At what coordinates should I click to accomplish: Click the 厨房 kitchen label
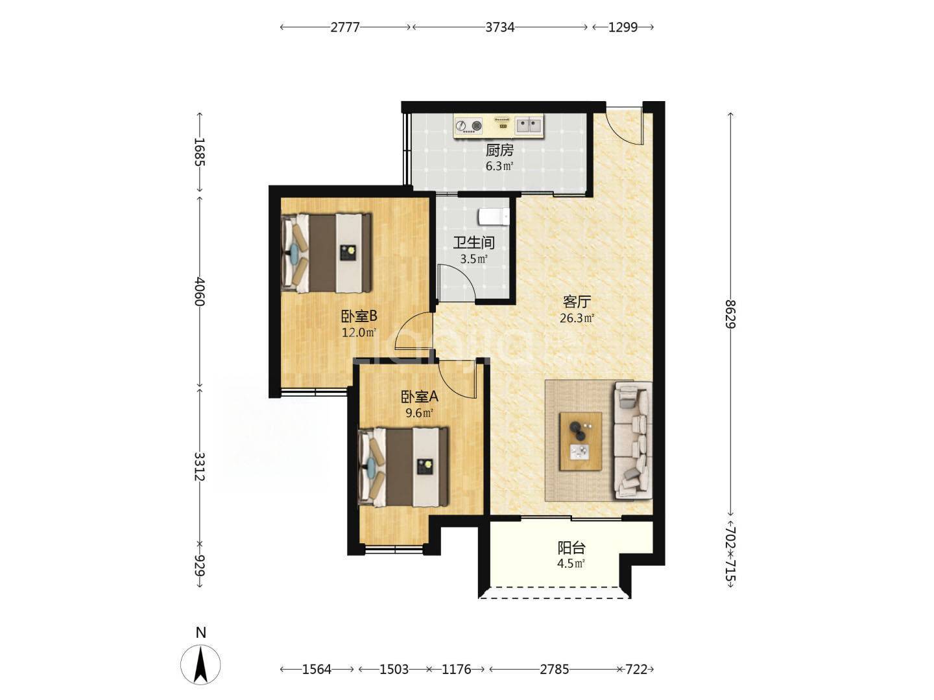click(499, 150)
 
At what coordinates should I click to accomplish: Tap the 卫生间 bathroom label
click(473, 242)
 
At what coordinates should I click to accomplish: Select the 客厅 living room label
click(577, 302)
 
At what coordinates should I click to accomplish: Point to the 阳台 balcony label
click(571, 548)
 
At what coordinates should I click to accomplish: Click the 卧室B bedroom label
click(359, 316)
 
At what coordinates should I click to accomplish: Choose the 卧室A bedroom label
click(419, 397)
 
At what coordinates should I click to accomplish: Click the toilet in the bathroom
click(493, 216)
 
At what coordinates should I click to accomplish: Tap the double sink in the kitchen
click(529, 125)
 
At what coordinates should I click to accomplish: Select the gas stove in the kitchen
click(468, 126)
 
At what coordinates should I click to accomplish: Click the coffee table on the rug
click(581, 441)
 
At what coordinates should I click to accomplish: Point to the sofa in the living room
click(632, 440)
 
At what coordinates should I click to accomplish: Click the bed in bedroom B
click(326, 253)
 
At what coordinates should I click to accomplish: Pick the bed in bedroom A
click(403, 467)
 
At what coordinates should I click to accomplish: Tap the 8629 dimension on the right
click(730, 314)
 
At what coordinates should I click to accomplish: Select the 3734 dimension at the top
click(500, 27)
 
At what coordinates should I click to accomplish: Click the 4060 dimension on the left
click(200, 292)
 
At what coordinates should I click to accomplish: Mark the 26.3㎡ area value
click(577, 318)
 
